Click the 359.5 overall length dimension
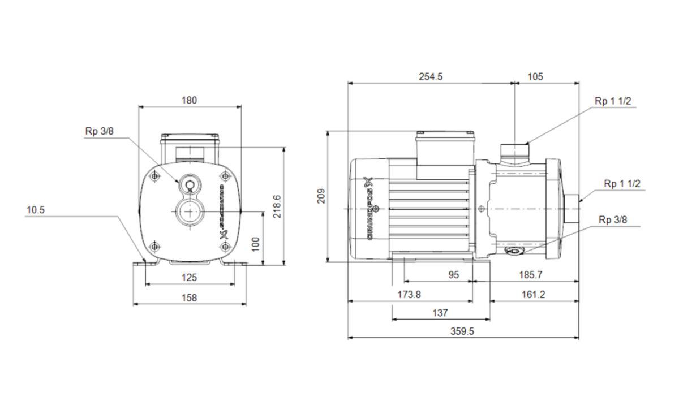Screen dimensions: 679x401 (x=462, y=331)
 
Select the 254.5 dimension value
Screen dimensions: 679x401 (x=431, y=77)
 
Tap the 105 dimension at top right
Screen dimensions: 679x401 (x=535, y=77)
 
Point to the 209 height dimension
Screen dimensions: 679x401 (x=321, y=196)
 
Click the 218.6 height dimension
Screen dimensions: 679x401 (x=277, y=206)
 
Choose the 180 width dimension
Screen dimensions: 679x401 (x=189, y=100)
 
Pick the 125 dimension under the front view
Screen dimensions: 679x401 (x=189, y=277)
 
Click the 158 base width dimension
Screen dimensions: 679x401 (x=189, y=297)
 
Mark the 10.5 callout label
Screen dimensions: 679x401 (x=36, y=210)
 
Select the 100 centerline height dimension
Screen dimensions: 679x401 (x=256, y=244)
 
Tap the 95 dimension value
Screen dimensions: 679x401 (x=453, y=275)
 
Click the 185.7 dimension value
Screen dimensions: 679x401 (x=531, y=275)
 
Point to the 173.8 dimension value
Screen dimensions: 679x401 (x=409, y=294)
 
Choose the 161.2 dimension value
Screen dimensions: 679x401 (x=533, y=294)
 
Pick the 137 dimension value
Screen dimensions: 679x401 (x=440, y=313)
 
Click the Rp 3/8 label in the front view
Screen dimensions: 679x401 (x=100, y=131)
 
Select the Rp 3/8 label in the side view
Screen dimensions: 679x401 (x=613, y=220)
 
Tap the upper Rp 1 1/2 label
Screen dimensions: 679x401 (x=613, y=101)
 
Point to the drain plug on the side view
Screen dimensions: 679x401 (x=514, y=251)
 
